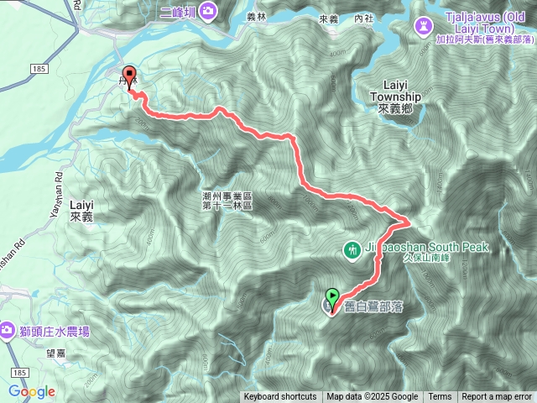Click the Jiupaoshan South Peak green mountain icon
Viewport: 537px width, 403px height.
coord(352,249)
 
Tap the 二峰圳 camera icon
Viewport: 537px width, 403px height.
coord(207,11)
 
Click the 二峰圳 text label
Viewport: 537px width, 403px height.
coord(178,12)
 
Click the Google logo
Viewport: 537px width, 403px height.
coord(32,391)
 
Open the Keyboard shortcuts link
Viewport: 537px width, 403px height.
coord(280,397)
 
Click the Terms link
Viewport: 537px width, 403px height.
coord(440,397)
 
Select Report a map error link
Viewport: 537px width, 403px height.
coord(497,397)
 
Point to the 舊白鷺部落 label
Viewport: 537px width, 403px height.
coord(373,306)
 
